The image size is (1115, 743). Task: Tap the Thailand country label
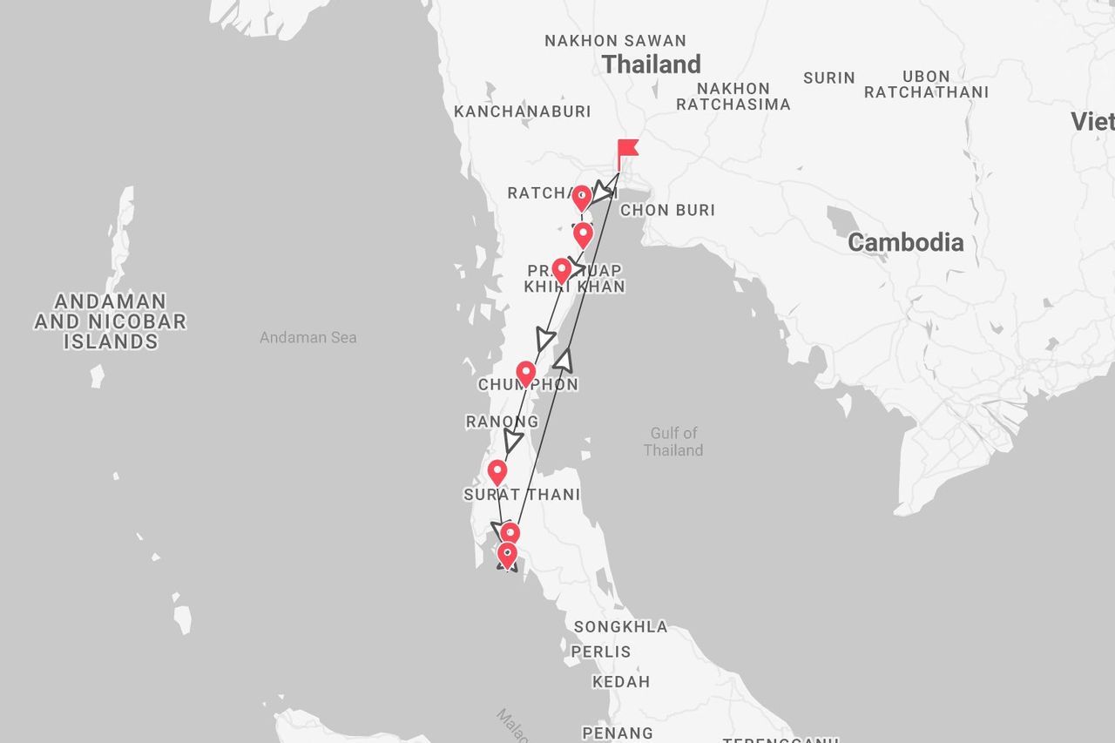[x=651, y=64]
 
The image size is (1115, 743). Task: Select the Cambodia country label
[x=905, y=242]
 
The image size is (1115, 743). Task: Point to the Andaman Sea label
[x=307, y=337]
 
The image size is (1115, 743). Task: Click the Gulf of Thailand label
[x=673, y=442]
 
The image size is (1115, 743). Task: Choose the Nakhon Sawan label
[x=615, y=41]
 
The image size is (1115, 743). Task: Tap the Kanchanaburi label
[x=522, y=111]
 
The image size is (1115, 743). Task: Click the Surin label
[x=828, y=78]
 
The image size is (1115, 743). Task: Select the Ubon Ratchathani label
[x=926, y=84]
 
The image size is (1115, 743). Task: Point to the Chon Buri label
[x=667, y=210]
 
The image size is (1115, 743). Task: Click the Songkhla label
[x=620, y=626]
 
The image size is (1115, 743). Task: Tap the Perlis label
[x=601, y=652]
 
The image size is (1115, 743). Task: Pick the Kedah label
[x=621, y=682]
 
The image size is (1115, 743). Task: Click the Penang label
[x=618, y=733]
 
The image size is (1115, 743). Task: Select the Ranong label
[x=502, y=422]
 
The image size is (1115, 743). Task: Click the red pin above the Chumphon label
[x=525, y=373]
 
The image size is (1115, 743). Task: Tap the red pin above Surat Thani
[x=497, y=471]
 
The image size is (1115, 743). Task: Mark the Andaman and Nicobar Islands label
[x=110, y=321]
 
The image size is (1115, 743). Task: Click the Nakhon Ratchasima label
[x=733, y=97]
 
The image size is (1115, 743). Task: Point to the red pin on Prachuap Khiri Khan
[x=562, y=269]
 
